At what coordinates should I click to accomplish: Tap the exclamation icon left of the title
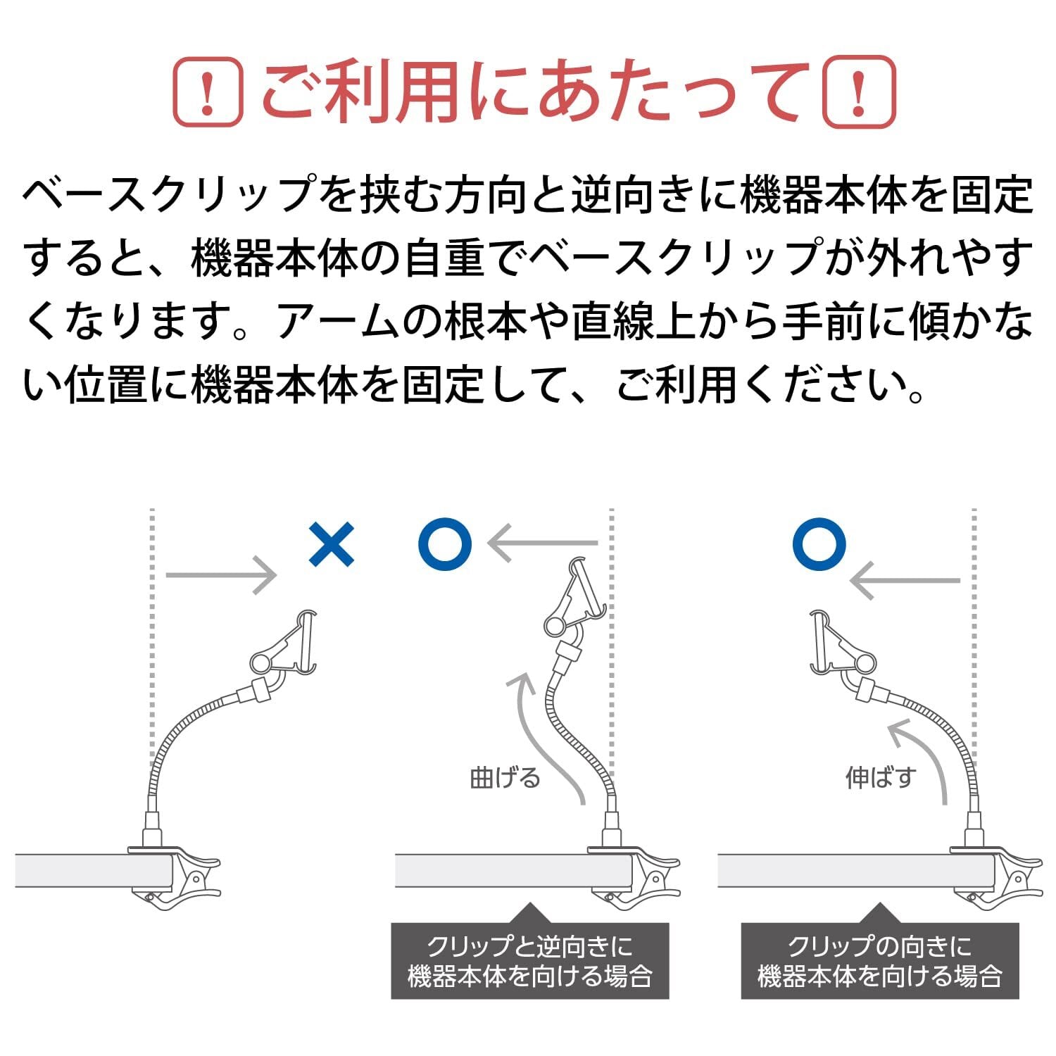208,92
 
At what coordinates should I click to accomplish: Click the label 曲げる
505,778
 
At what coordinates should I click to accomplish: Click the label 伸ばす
881,778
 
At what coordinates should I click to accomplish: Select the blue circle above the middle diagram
444,544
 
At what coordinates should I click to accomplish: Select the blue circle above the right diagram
819,544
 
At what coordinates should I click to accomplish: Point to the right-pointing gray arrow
221,575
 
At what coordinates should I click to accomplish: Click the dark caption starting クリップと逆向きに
529,962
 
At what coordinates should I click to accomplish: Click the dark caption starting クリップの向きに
880,962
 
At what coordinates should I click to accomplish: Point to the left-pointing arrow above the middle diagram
543,543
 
